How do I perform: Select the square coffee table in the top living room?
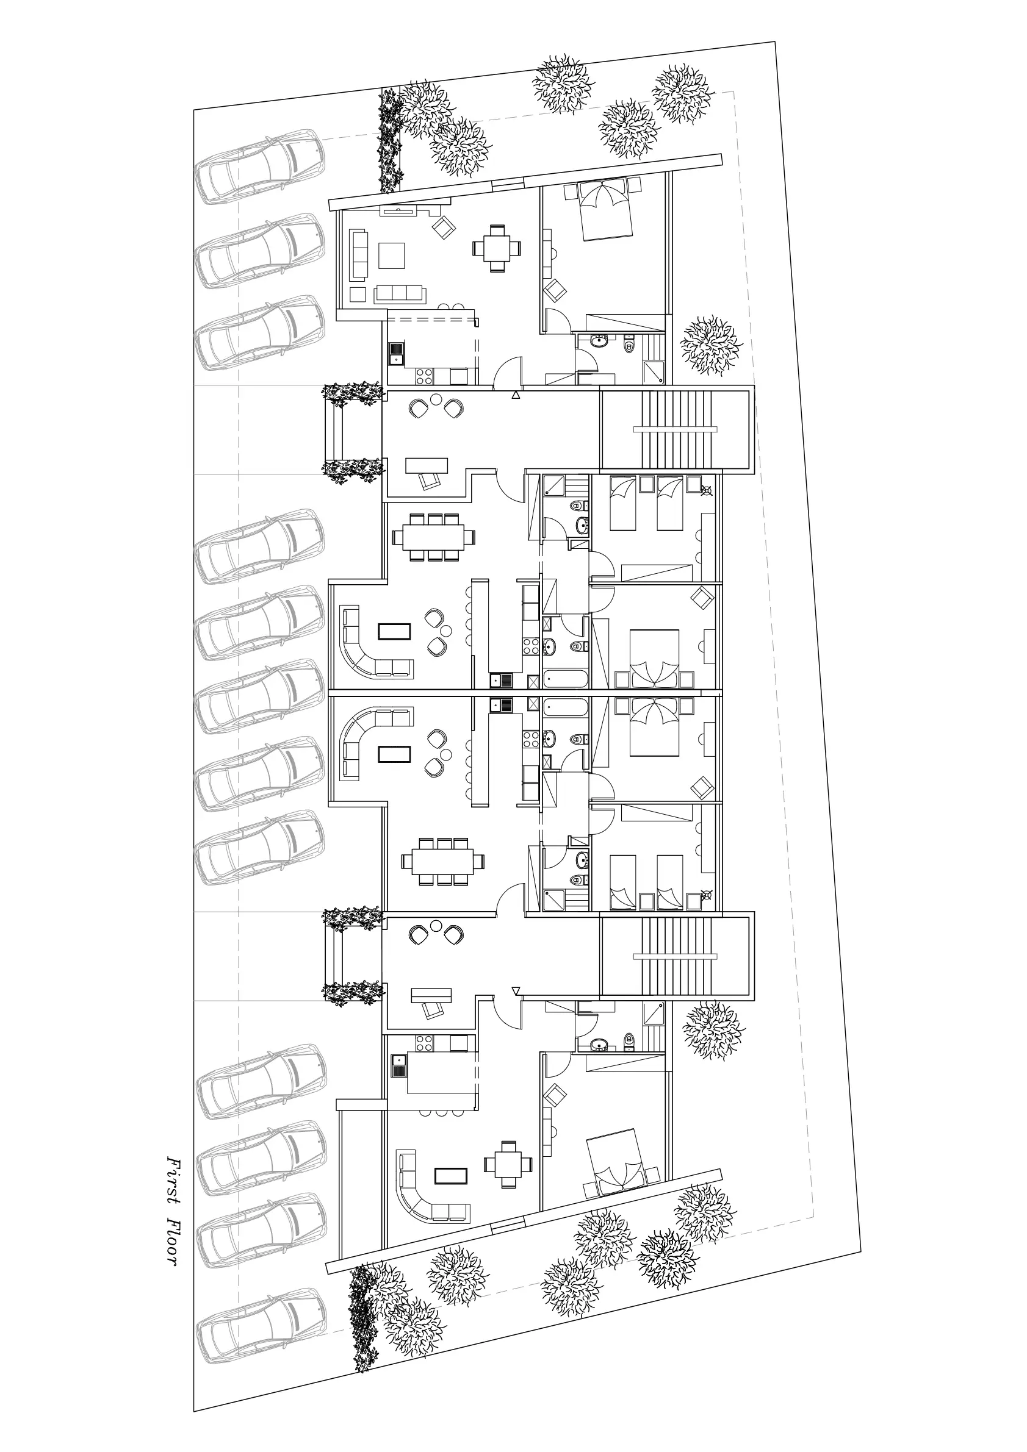coord(392,256)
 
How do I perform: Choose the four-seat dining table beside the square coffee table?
coord(497,248)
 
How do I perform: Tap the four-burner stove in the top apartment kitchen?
coord(425,376)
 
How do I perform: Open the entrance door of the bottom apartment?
coord(506,1012)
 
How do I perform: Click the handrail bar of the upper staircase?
coord(675,429)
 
